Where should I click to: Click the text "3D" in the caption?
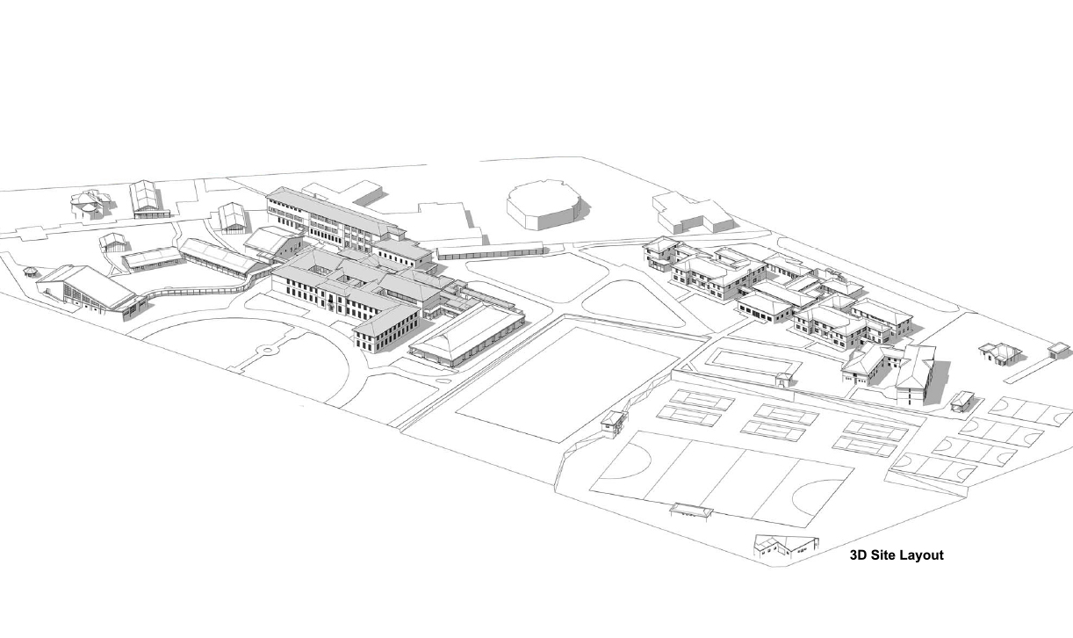pos(859,555)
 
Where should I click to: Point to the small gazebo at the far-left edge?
pos(31,272)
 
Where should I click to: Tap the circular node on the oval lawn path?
pos(267,351)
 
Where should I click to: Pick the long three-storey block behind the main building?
pos(335,220)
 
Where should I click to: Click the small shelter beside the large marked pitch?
pos(691,511)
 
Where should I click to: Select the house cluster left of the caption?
pos(786,547)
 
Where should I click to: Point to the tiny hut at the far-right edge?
pos(1058,350)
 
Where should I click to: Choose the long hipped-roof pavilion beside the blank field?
pos(467,336)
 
